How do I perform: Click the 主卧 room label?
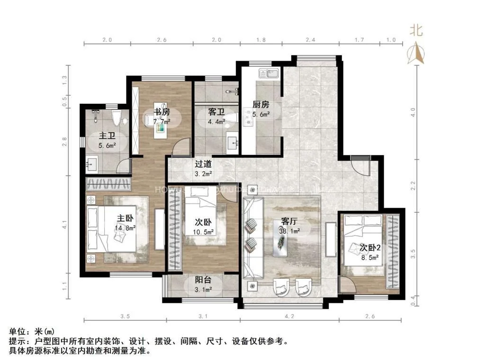click(x=125, y=219)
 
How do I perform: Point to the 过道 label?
click(x=203, y=164)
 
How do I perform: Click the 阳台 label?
click(x=203, y=280)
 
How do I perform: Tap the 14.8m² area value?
click(x=125, y=228)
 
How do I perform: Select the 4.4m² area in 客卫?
click(x=216, y=122)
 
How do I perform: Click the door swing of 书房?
click(x=181, y=148)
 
